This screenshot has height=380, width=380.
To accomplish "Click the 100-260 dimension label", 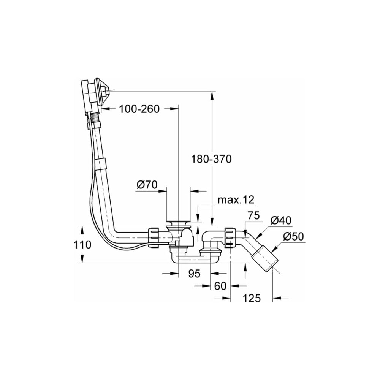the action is (x=139, y=109).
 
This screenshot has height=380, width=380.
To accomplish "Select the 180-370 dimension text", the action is (x=211, y=159).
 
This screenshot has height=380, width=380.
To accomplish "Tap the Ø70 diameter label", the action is (x=147, y=185).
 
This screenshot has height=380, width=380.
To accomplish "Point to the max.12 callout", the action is (x=236, y=200).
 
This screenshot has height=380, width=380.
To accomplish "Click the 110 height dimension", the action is (x=82, y=244).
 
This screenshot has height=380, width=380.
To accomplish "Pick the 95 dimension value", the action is (x=194, y=274).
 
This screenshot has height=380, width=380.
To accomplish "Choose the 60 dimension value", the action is (x=220, y=286).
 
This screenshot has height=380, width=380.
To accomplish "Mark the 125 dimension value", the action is (x=252, y=298).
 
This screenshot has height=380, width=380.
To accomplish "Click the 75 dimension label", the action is (x=254, y=215).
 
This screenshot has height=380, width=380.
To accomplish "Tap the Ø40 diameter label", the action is (x=281, y=220).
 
